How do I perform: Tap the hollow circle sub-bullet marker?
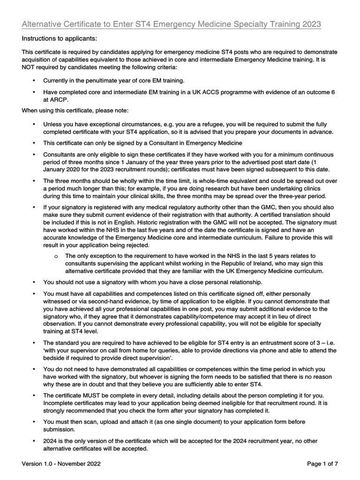[56, 256]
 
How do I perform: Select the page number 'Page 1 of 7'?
[323, 464]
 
